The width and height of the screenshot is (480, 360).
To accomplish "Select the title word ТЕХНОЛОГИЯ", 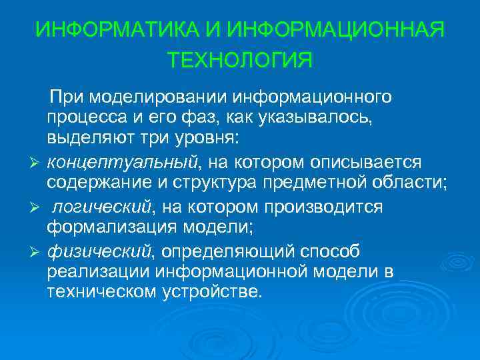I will (x=240, y=61).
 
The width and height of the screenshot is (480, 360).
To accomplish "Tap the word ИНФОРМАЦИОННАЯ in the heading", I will (x=335, y=30).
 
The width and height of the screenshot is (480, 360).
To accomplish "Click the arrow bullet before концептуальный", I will (x=36, y=163).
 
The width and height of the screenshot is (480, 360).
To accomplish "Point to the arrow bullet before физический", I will (x=36, y=251).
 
